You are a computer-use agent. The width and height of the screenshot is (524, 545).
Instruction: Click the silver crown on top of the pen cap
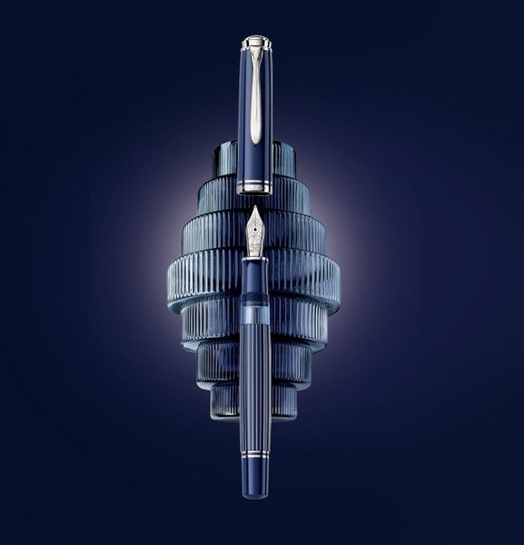[x=256, y=42]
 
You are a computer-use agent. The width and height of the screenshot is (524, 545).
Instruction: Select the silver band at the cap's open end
[x=255, y=186]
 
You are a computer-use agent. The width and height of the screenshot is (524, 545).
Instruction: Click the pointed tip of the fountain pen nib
[x=255, y=208]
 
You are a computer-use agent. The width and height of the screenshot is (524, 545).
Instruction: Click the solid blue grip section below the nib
[x=255, y=269]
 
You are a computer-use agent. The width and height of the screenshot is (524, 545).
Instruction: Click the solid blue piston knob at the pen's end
[x=255, y=481]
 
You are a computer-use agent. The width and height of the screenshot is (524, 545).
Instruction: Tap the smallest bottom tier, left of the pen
[x=227, y=400]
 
